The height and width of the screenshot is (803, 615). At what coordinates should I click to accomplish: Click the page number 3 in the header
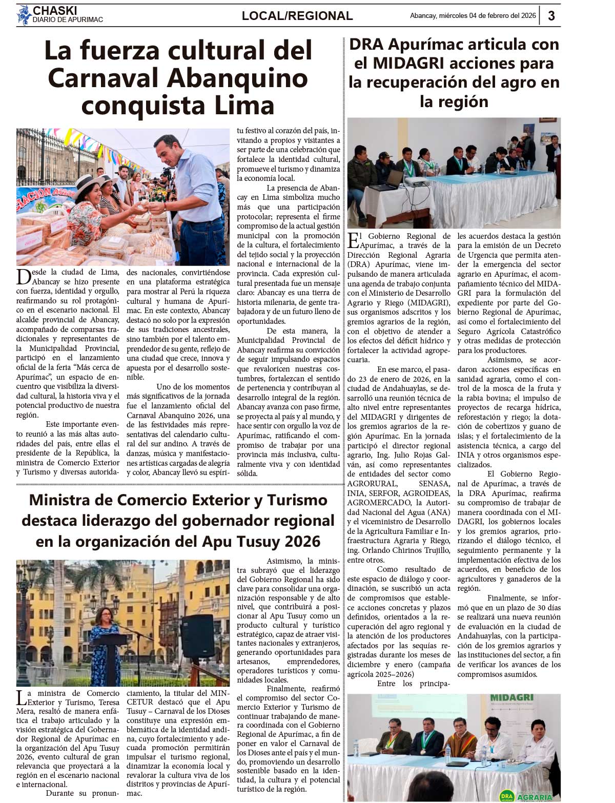[551, 16]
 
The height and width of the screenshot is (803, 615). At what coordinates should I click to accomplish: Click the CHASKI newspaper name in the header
[55, 10]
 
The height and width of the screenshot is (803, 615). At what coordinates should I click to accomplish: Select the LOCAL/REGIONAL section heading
[297, 16]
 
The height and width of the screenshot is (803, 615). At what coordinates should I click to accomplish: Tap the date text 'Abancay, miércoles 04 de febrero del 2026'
[473, 16]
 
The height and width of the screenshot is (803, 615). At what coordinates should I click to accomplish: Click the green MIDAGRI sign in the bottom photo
[511, 698]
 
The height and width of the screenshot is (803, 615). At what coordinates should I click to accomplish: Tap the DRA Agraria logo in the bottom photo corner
[527, 796]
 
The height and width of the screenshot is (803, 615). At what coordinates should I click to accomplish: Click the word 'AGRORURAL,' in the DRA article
[372, 484]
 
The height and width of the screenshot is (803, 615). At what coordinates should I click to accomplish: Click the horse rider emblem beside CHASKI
[24, 14]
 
